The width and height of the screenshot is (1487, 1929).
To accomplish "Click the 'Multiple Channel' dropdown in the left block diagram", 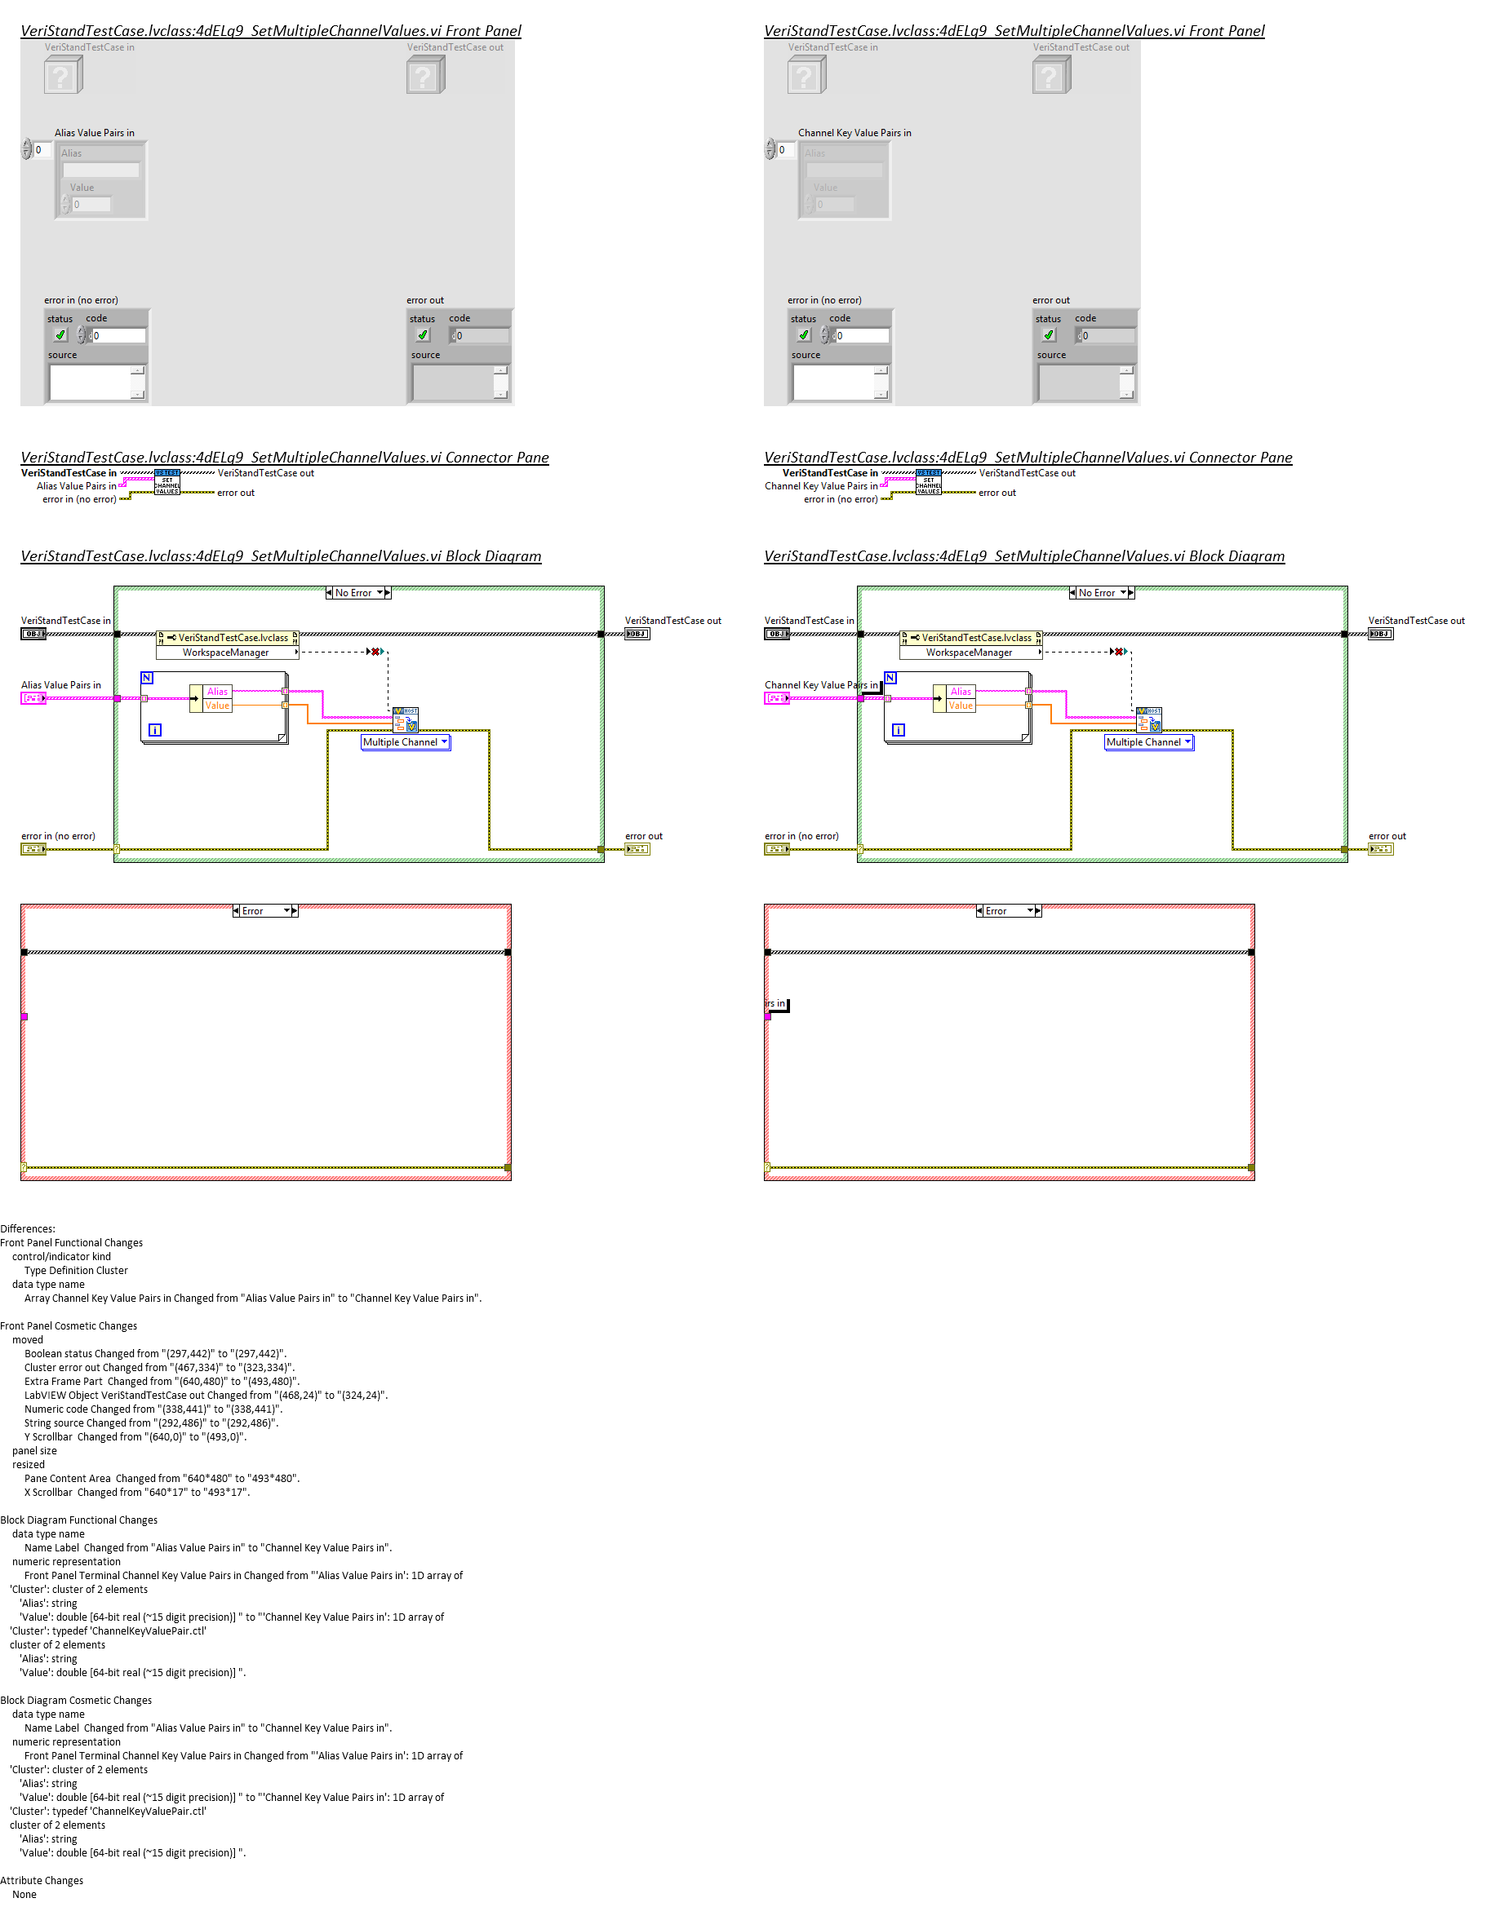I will (x=405, y=742).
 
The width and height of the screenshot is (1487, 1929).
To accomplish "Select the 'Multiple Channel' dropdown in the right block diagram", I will (x=1147, y=742).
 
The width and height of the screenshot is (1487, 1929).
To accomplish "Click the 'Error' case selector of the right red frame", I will (x=1008, y=910).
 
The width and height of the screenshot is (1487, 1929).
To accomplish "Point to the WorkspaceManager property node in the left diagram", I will (x=226, y=653).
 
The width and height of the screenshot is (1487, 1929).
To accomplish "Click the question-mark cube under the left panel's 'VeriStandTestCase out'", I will (x=425, y=76).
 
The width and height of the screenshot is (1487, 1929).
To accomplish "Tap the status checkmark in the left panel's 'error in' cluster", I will (x=60, y=335).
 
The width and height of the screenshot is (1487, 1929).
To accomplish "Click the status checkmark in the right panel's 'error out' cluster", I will (x=1049, y=335).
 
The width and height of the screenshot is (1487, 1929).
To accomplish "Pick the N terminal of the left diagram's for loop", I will (x=147, y=679).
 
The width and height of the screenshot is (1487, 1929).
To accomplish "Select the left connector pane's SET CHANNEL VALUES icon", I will (x=167, y=483).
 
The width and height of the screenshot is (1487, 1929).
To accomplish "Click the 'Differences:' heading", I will (x=29, y=1228).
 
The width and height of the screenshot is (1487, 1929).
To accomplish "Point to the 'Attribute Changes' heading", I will (x=42, y=1880).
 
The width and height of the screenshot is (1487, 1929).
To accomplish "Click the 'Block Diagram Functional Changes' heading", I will (x=78, y=1520).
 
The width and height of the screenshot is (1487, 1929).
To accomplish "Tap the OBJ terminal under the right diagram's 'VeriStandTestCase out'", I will (x=1380, y=635).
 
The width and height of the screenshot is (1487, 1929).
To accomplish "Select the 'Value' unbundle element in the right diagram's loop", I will (x=961, y=706).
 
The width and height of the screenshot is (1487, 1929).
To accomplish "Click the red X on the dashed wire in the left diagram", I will (x=375, y=652).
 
